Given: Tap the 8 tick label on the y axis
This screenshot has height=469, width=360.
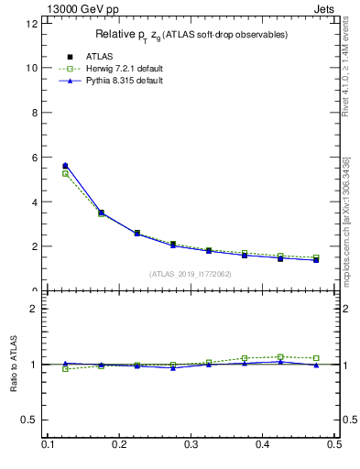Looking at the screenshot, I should [x=35, y=113].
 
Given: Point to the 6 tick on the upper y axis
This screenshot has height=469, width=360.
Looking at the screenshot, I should [x=35, y=158].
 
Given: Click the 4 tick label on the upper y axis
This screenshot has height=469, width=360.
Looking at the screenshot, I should [x=35, y=202].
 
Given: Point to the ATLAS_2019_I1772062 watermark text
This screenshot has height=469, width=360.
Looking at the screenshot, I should [x=191, y=274].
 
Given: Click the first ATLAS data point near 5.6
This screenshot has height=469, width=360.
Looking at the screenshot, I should [x=65, y=166].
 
